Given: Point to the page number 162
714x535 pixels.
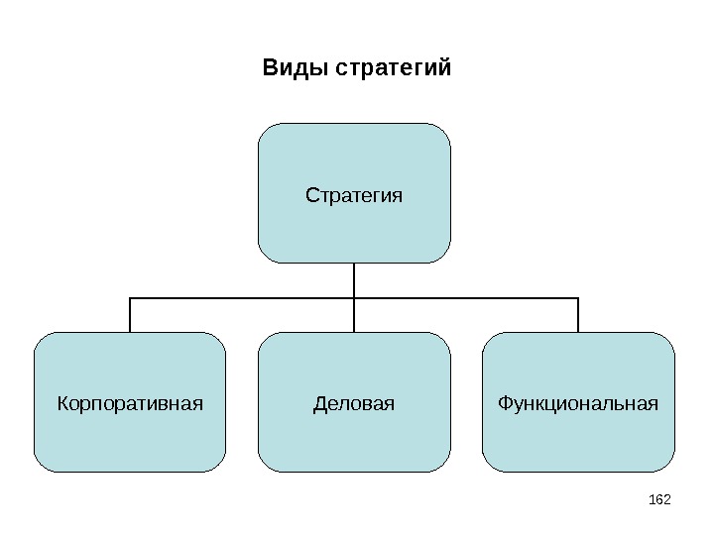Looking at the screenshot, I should [x=659, y=495].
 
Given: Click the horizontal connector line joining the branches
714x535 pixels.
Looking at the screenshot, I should [x=243, y=297].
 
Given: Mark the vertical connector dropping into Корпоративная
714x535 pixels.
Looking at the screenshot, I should [x=130, y=315].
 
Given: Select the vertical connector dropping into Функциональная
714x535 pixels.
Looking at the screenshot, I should [x=578, y=315].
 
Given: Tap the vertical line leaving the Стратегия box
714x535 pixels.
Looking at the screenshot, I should [x=354, y=278].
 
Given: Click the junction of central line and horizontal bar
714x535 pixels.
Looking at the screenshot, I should [x=354, y=297].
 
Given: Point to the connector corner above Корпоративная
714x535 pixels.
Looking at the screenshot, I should [x=130, y=297].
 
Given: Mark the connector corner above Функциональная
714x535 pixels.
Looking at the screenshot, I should [x=578, y=297].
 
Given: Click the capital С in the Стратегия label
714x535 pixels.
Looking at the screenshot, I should [x=311, y=194].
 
